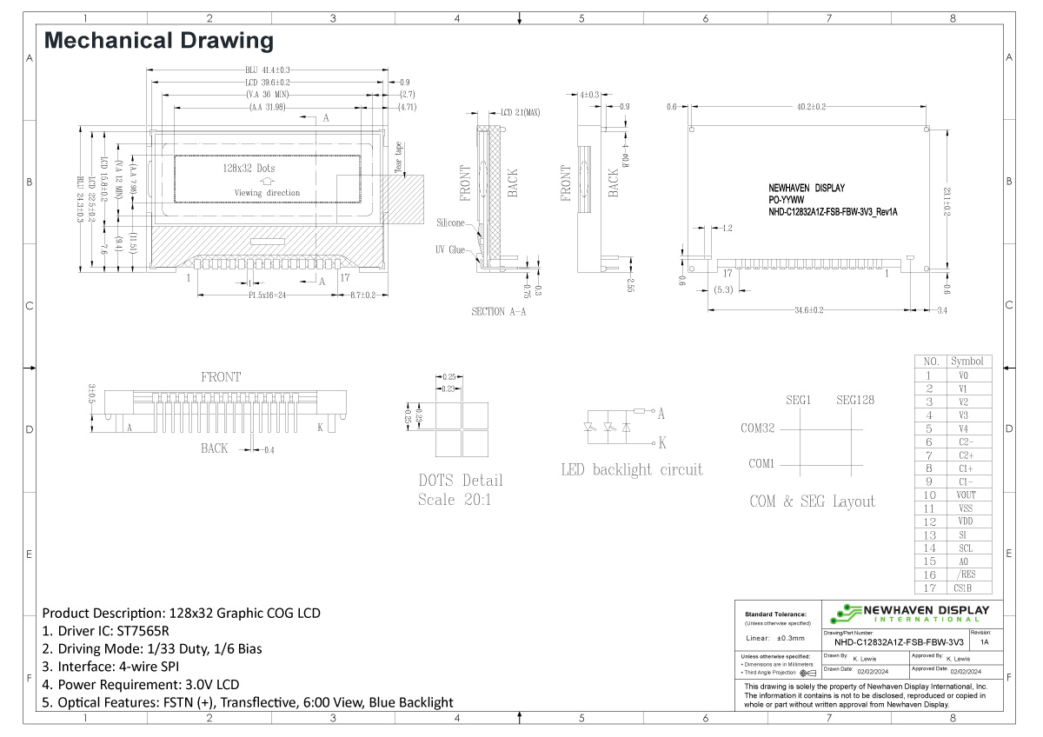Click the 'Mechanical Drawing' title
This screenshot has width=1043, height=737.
pos(158,40)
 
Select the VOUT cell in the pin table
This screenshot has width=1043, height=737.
pos(967,495)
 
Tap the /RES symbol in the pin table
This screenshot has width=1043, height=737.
pos(967,574)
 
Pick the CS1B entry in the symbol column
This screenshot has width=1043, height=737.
pos(967,588)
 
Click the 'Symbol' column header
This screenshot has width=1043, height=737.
pos(967,361)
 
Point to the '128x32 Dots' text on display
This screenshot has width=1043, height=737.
pos(249,168)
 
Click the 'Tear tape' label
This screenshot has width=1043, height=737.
pos(399,158)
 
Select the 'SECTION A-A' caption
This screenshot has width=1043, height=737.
pos(500,311)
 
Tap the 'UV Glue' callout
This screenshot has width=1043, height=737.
pos(451,250)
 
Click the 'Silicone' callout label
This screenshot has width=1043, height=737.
pos(451,223)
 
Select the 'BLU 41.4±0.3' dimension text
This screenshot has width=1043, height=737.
pos(267,70)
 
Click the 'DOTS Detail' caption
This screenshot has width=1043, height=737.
pos(461,481)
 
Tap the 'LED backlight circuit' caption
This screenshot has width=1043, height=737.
pos(631,469)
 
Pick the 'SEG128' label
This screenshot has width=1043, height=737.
pos(854,401)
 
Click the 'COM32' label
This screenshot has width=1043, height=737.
pos(757,428)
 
